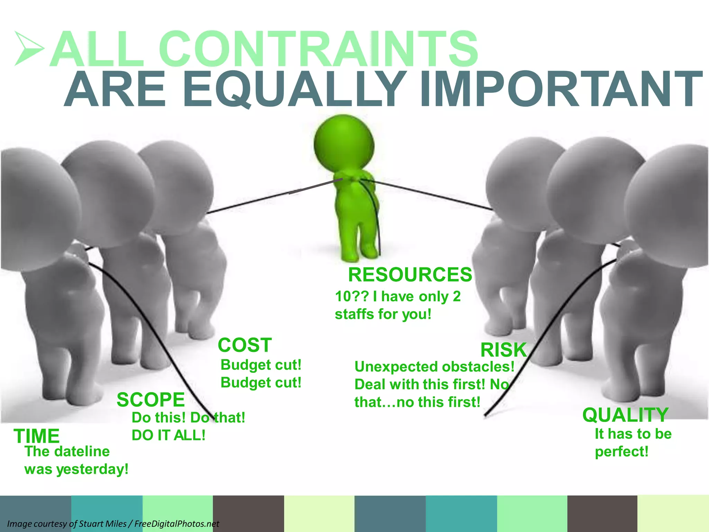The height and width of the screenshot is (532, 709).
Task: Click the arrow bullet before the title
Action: coord(29,48)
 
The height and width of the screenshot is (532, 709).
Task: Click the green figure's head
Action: coord(344,144)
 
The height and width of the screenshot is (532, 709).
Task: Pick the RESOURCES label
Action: coord(410,275)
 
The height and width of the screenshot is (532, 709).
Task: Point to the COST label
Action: coord(245,345)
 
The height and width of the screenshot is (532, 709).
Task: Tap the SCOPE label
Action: coord(151,400)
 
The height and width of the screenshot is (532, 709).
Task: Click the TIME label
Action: coord(37,436)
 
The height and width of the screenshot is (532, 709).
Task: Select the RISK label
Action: coord(503,350)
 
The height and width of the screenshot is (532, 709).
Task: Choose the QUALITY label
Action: coord(625,415)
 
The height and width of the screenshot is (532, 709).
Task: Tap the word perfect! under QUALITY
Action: coord(621,452)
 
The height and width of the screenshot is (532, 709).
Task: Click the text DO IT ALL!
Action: coord(169,435)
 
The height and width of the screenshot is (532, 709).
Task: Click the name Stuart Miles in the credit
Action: coord(102,524)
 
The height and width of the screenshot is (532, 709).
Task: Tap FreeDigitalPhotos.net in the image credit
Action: coord(177,524)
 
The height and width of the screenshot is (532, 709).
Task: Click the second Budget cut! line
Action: coord(261,383)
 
